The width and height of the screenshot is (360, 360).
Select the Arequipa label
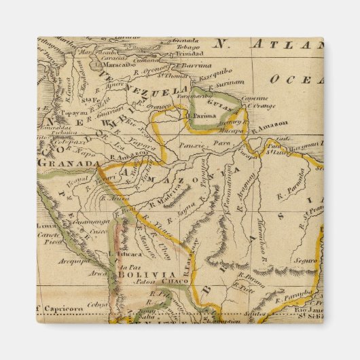(71, 258)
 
